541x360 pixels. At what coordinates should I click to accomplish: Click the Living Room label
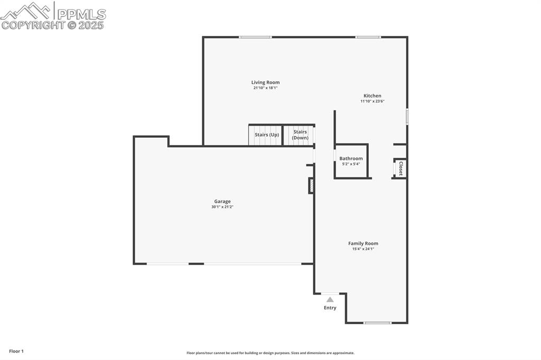[265, 82]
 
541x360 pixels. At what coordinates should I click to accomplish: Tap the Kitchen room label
[372, 96]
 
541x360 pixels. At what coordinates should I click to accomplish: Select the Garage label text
[222, 201]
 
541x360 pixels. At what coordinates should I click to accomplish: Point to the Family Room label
[363, 243]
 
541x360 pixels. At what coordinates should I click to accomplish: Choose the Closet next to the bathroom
[400, 168]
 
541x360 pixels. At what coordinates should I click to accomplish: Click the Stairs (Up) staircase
[266, 135]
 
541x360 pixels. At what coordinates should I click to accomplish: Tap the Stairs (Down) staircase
[300, 135]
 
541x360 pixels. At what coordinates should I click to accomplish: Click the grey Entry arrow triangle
[330, 299]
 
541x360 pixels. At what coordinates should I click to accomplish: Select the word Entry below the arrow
[330, 308]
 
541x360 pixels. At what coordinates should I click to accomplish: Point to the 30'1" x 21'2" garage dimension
[222, 207]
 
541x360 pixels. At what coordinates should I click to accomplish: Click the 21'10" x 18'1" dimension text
[265, 88]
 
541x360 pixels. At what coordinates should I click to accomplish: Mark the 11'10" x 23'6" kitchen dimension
[372, 101]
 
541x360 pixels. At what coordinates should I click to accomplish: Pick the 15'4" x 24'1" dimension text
[363, 249]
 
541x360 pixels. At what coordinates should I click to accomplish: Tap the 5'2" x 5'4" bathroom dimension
[351, 164]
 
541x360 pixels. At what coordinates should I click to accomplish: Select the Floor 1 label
[16, 351]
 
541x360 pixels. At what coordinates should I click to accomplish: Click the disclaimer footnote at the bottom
[270, 353]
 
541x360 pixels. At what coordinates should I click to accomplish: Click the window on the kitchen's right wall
[407, 116]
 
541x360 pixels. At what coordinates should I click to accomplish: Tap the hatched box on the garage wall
[311, 186]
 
